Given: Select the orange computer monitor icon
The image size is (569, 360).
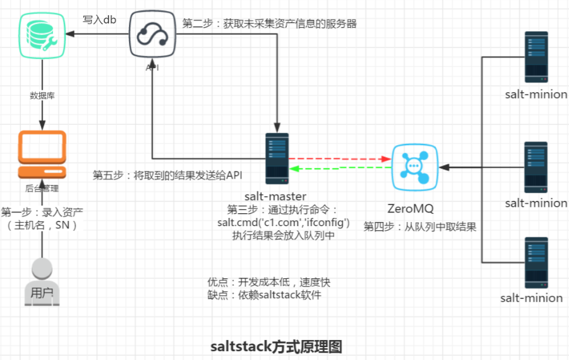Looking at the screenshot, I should click(42, 154).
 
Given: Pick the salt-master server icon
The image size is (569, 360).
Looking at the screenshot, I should click(277, 157).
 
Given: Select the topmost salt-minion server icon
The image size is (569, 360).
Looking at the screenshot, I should click(536, 56).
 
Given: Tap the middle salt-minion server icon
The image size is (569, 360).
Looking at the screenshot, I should click(536, 166).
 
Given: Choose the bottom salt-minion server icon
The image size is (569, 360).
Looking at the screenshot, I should click(536, 262).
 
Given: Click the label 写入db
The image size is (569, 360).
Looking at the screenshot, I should click(99, 21).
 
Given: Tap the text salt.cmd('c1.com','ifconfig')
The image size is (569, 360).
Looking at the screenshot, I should click(284, 223).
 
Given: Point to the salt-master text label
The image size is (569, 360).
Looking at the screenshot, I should click(275, 196).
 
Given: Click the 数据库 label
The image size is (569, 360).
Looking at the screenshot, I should click(42, 95).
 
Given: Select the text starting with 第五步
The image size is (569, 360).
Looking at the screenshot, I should click(168, 175).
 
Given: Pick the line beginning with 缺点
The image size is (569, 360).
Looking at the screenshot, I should click(264, 295).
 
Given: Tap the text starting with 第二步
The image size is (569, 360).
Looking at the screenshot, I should click(270, 24).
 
